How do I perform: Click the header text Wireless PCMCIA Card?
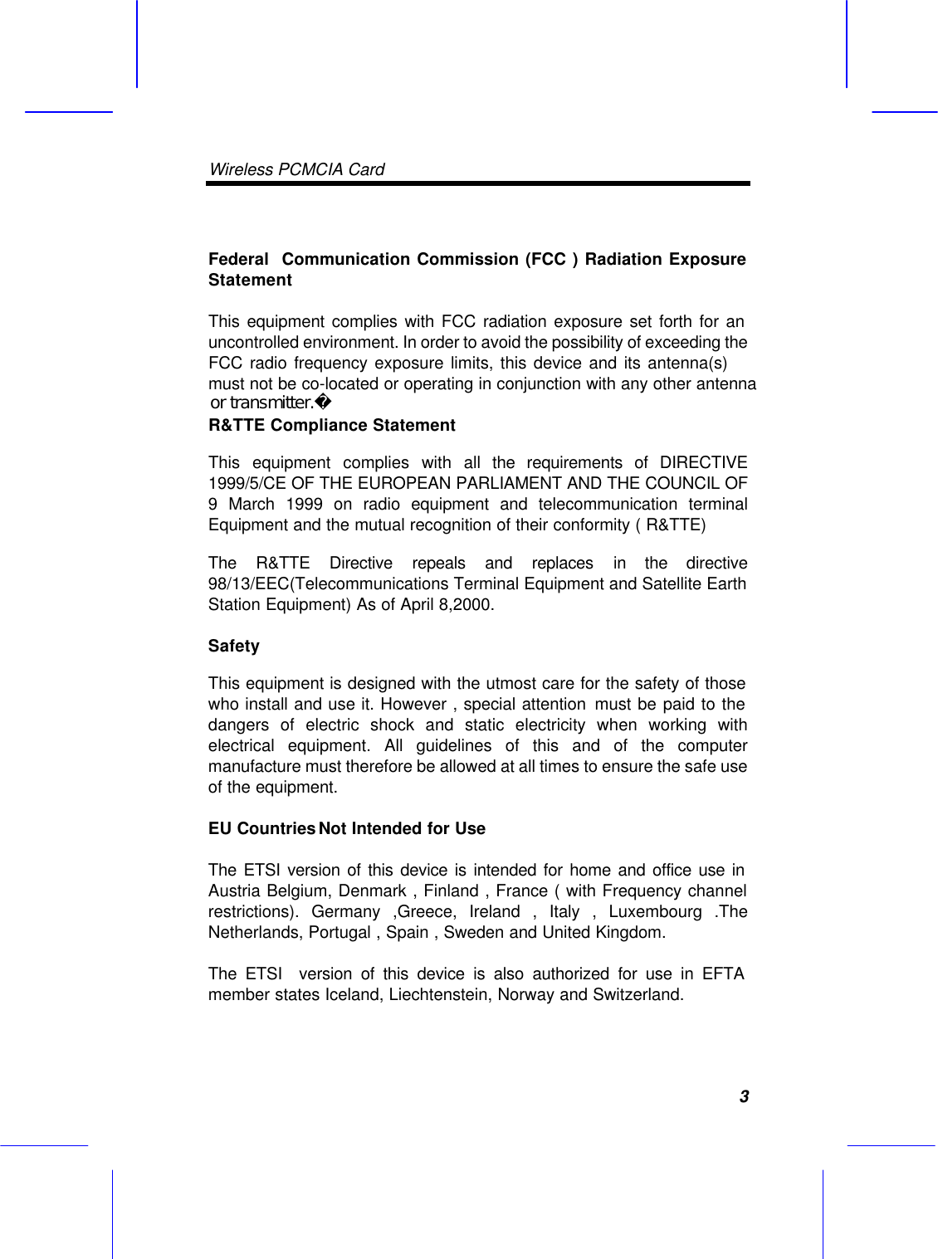pyautogui.click(x=296, y=169)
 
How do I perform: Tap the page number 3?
pyautogui.click(x=744, y=1096)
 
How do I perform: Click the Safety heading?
pyautogui.click(x=233, y=646)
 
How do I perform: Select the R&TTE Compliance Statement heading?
pyautogui.click(x=331, y=425)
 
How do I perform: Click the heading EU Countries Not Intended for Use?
pyautogui.click(x=346, y=828)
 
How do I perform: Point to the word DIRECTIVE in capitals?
pyautogui.click(x=703, y=462)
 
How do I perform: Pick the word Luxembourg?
pyautogui.click(x=655, y=911)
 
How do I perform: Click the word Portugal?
pyautogui.click(x=340, y=932)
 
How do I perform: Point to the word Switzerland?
pyautogui.click(x=638, y=994)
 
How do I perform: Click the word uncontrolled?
pyautogui.click(x=252, y=342)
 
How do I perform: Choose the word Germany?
pyautogui.click(x=345, y=911)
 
